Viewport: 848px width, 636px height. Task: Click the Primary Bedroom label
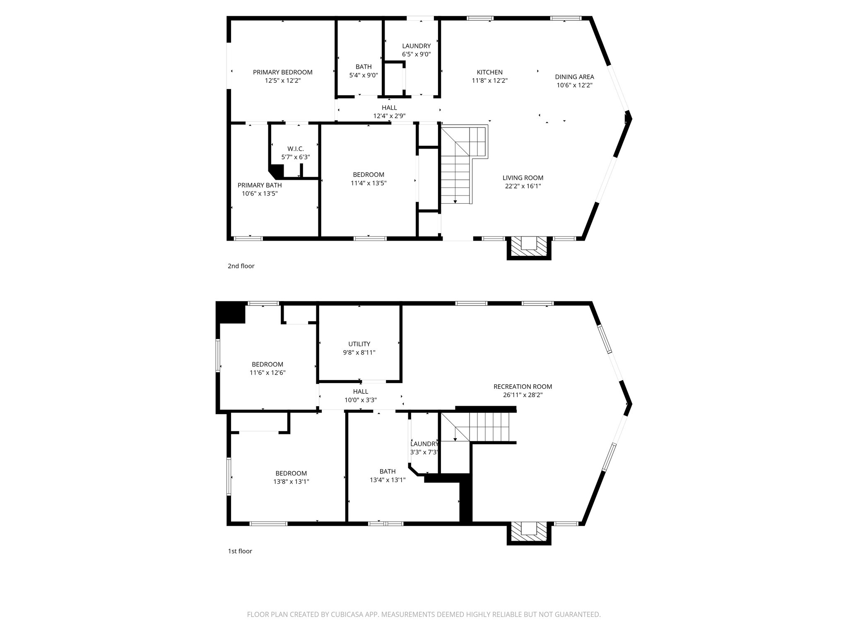click(282, 72)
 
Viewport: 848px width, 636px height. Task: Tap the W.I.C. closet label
click(295, 149)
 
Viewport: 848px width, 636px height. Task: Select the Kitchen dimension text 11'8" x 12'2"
click(489, 81)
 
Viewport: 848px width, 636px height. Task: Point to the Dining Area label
click(574, 77)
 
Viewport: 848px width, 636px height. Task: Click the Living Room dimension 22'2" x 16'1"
click(523, 186)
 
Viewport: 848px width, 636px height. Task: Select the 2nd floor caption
click(241, 266)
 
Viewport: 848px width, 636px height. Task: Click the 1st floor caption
click(240, 551)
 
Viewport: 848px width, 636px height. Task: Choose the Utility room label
click(359, 344)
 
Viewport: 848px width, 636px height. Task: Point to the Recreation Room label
click(523, 387)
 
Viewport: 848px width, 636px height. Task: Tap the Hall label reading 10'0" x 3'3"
click(360, 400)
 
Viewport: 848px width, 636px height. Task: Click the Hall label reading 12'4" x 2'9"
click(389, 116)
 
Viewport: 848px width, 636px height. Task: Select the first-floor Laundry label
click(424, 444)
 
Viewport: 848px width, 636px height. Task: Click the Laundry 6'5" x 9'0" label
click(416, 46)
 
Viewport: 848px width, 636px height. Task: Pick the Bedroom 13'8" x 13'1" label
click(291, 474)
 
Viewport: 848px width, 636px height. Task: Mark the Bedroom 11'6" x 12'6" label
click(267, 364)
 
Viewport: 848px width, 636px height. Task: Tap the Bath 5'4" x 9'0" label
click(364, 67)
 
